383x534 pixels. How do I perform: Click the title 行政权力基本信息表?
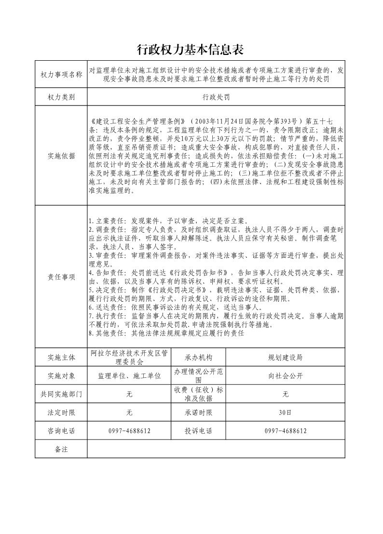coord(191,50)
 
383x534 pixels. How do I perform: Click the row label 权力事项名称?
coord(61,74)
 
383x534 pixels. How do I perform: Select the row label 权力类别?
coord(61,97)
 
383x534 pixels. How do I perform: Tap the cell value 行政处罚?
coord(216,97)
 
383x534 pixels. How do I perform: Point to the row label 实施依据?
coord(61,156)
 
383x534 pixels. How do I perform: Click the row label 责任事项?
coord(61,277)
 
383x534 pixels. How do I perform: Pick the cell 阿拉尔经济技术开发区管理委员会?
coord(129,357)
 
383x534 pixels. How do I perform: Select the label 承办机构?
coord(198,358)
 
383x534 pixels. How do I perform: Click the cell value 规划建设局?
coord(286,358)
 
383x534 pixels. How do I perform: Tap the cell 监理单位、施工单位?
coord(129,376)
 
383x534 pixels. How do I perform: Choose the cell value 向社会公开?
coord(286,376)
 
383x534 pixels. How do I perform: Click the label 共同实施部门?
coord(61,394)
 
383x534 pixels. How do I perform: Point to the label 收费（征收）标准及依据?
coord(198,394)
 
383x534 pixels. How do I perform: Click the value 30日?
coord(286,413)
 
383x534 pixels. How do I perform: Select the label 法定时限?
coord(61,413)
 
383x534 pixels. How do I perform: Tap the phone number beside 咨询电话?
coord(129,431)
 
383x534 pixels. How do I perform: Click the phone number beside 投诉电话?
coord(286,431)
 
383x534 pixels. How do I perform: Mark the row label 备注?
coord(61,449)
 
